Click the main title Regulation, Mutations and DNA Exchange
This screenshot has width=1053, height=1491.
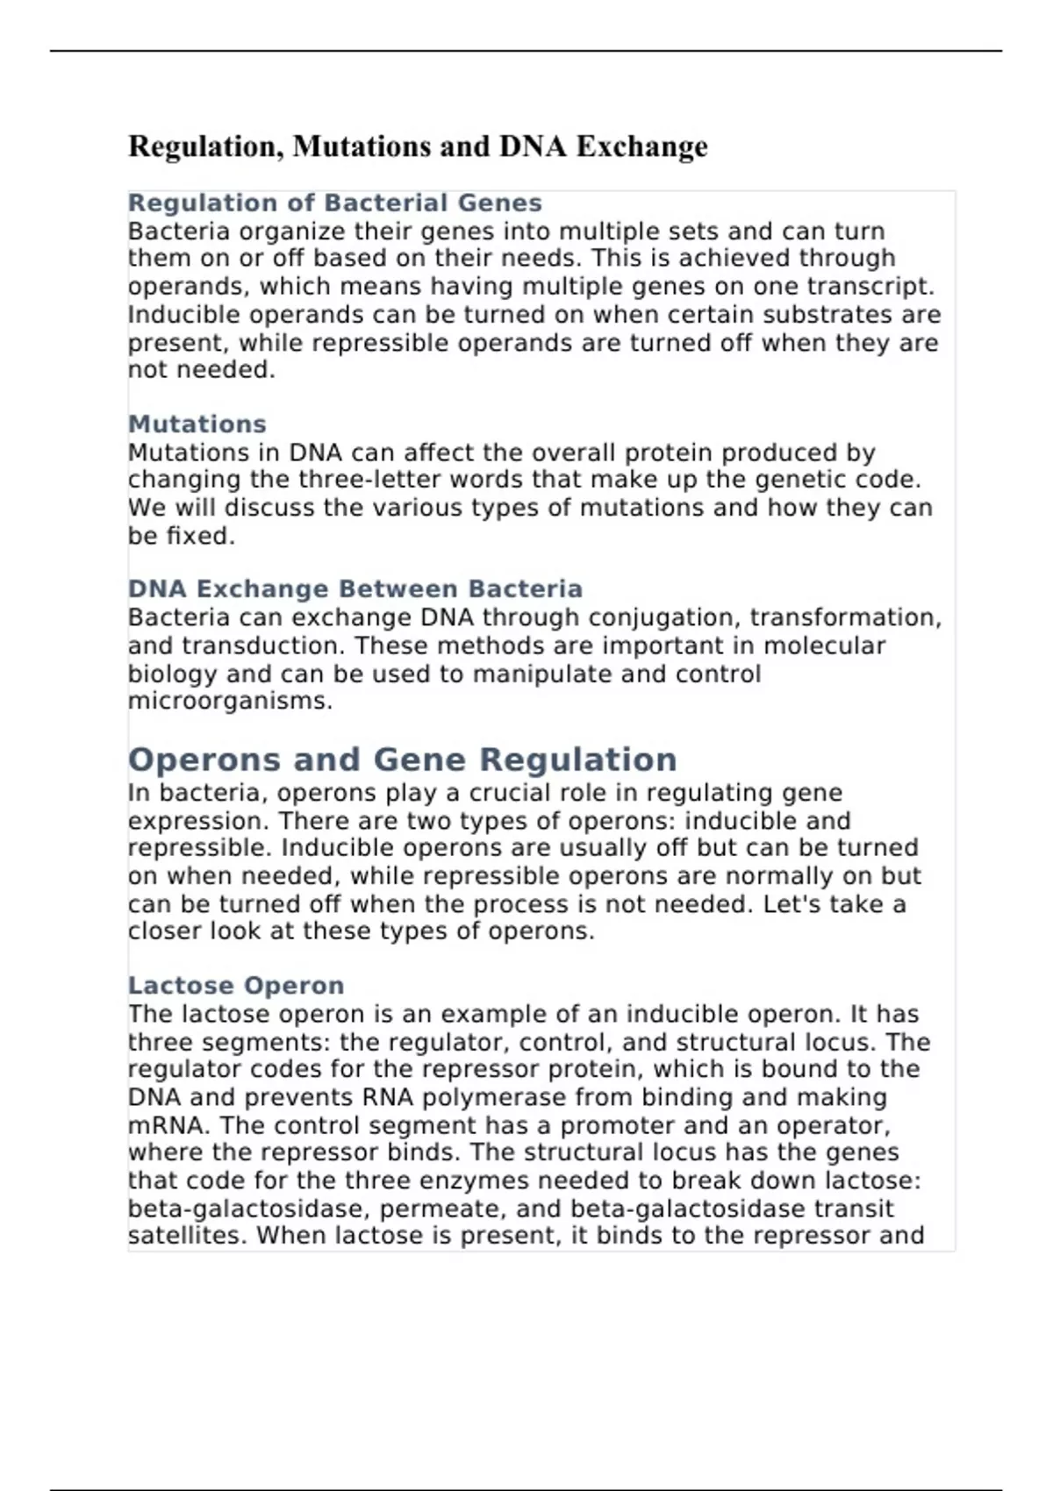pyautogui.click(x=418, y=146)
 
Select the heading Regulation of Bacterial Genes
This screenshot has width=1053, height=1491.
pyautogui.click(x=334, y=203)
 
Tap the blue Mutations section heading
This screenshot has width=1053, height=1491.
pyautogui.click(x=197, y=424)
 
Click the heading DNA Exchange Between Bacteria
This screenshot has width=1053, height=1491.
pyautogui.click(x=355, y=589)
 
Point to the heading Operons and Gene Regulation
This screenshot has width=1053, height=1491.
pyautogui.click(x=402, y=760)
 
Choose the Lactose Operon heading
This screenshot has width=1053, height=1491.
pyautogui.click(x=235, y=985)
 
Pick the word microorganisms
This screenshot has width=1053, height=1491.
pyautogui.click(x=229, y=701)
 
